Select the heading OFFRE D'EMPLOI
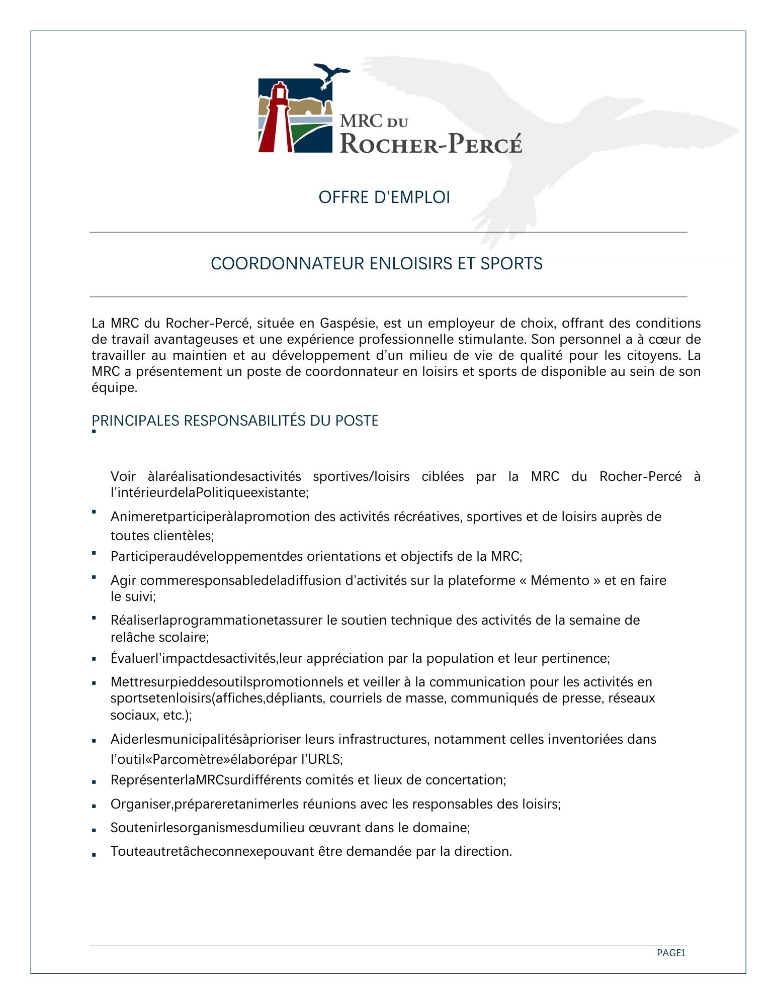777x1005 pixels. point(384,197)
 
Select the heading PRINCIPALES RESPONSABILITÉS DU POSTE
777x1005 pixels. point(235,421)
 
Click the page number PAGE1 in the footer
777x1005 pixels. point(671,953)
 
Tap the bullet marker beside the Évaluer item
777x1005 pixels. point(94,659)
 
